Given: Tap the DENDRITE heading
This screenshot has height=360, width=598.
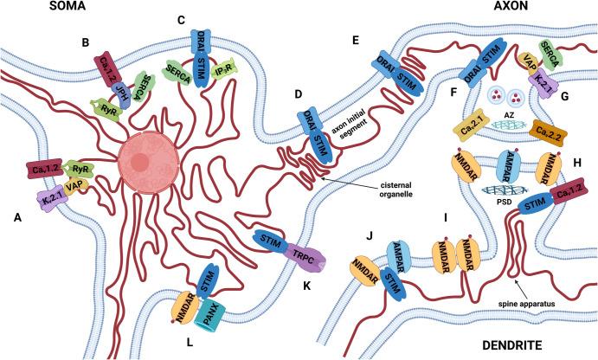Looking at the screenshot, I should click(549, 346).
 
